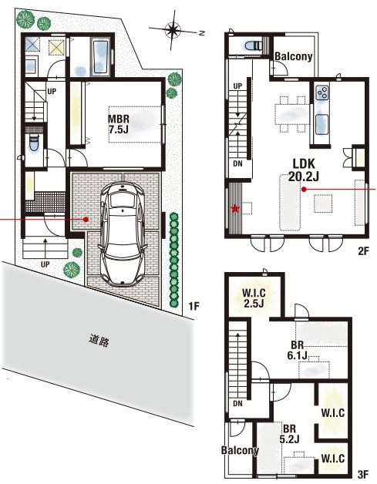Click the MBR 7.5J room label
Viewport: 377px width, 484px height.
tap(118, 124)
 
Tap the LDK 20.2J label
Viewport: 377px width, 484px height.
tap(304, 170)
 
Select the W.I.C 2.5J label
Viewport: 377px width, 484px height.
tap(254, 297)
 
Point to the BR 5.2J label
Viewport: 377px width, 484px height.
tap(289, 434)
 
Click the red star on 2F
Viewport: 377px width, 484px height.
tap(236, 209)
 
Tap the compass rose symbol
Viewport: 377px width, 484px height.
tap(173, 30)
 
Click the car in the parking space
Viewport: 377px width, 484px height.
tap(123, 234)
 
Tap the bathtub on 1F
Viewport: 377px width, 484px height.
tap(100, 57)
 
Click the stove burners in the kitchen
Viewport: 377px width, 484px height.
tap(322, 92)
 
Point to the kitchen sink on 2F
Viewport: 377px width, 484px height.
tap(321, 124)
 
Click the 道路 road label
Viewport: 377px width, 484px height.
tap(99, 341)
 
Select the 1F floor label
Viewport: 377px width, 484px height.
tap(194, 306)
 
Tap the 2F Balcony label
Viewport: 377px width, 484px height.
tap(293, 56)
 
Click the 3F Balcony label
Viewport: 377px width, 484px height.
tap(240, 450)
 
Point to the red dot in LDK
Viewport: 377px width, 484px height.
tap(304, 190)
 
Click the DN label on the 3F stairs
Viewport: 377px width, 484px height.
tap(237, 403)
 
